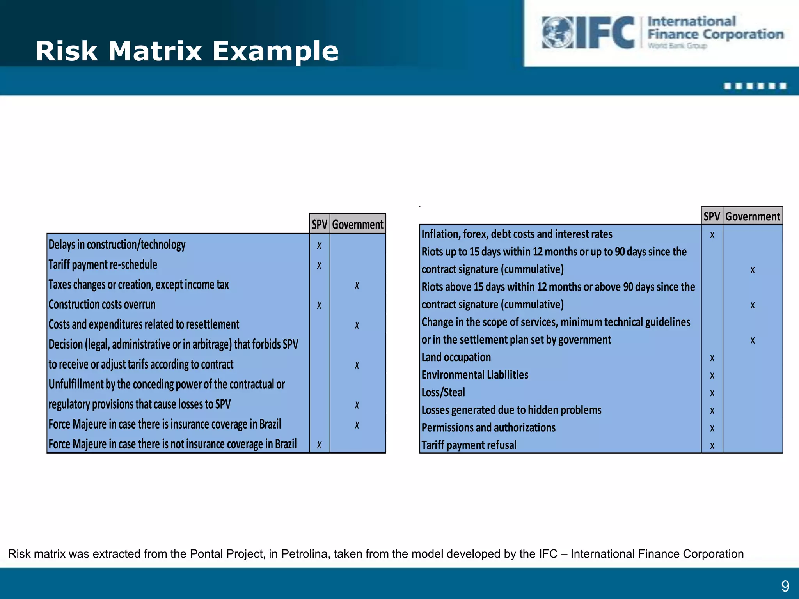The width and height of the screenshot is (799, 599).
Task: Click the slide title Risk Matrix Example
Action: (x=187, y=51)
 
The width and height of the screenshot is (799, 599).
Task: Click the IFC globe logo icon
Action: (x=557, y=32)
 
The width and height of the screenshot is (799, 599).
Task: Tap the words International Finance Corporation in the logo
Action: (x=715, y=28)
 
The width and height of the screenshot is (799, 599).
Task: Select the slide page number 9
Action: (x=785, y=586)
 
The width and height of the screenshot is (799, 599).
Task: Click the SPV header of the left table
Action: (x=320, y=225)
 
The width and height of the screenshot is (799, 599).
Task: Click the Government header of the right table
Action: (x=753, y=216)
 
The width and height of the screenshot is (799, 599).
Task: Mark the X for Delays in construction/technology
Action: (x=320, y=245)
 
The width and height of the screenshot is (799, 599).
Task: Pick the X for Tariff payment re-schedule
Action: (x=320, y=266)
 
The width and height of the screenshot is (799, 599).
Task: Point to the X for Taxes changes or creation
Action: (x=357, y=285)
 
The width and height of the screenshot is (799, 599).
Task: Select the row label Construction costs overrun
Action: (x=102, y=305)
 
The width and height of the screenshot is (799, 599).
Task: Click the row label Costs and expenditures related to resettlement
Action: (x=144, y=324)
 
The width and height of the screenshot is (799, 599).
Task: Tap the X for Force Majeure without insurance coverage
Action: (x=320, y=445)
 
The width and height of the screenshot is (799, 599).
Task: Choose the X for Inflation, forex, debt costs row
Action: (x=712, y=235)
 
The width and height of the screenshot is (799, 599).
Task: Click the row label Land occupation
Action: (x=456, y=357)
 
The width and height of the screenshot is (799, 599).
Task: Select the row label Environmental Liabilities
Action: (x=475, y=375)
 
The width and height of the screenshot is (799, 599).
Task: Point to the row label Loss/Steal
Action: (x=443, y=392)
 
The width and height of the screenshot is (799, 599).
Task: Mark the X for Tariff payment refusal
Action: (x=712, y=446)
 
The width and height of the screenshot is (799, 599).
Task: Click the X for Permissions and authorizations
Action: (x=712, y=428)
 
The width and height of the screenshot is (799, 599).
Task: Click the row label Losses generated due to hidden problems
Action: (x=511, y=410)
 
